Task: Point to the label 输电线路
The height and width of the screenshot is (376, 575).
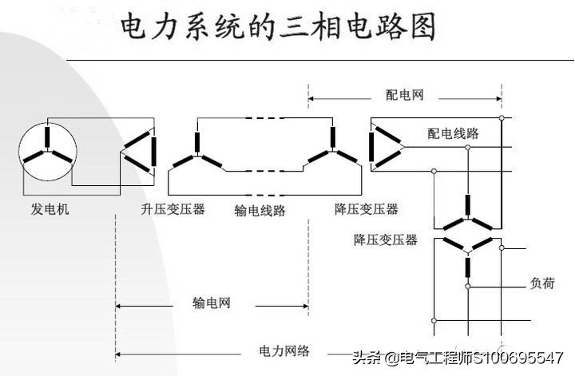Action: [x=260, y=211]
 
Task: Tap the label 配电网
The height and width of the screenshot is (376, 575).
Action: [x=405, y=95]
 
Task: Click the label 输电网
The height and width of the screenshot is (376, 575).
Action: [x=211, y=303]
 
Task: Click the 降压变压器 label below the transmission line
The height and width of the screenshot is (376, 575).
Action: [x=366, y=209]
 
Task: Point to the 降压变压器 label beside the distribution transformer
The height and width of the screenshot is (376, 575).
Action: [x=387, y=239]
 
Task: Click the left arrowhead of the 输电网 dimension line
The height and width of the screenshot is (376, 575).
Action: [x=120, y=304]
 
